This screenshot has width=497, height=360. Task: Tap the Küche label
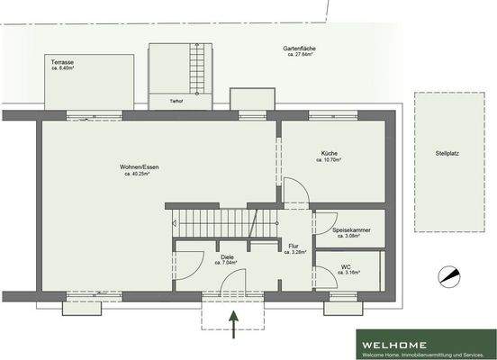click(329, 153)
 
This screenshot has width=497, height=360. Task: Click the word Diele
click(227, 256)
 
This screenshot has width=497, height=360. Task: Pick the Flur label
click(294, 246)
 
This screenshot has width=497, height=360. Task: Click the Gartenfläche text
click(300, 48)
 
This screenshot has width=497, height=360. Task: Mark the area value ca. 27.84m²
click(300, 55)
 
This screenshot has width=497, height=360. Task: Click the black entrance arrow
click(234, 324)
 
